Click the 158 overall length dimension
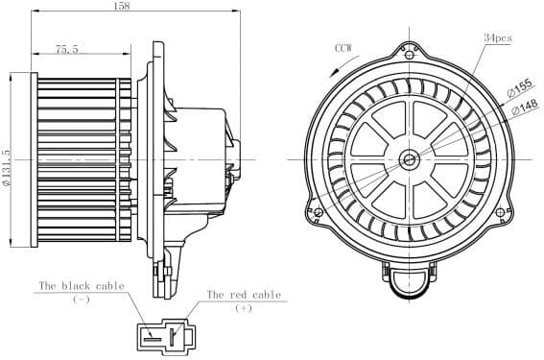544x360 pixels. click(x=148, y=7)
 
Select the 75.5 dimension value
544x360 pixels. click(x=66, y=48)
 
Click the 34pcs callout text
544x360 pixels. click(x=497, y=37)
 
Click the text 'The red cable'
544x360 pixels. click(x=244, y=295)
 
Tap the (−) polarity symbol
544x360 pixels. click(x=82, y=300)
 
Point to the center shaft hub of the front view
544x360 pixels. click(x=410, y=158)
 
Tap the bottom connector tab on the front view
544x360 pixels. click(x=410, y=278)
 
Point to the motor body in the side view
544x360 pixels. click(x=197, y=158)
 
